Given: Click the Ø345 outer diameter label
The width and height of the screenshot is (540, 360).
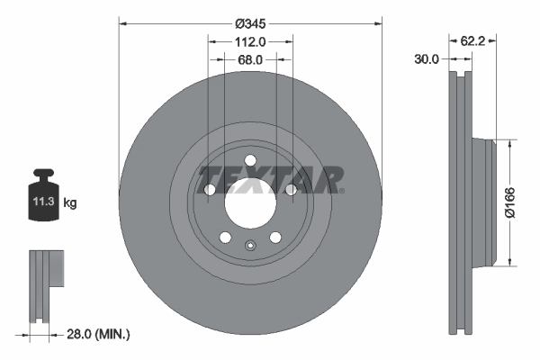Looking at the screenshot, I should point(251,24).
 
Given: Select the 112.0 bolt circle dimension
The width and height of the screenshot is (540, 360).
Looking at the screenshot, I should point(251,41).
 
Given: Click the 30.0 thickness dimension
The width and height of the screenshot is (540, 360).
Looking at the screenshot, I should point(426,59).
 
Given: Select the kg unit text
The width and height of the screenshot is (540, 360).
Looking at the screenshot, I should point(70,203).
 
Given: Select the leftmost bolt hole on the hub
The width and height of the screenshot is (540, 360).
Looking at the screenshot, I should point(210,190).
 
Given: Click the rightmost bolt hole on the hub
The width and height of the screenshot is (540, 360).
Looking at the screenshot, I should point(291,190).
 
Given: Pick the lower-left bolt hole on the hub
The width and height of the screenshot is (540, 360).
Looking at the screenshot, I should point(225,238).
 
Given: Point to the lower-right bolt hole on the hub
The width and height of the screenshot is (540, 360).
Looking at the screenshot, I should point(275,238).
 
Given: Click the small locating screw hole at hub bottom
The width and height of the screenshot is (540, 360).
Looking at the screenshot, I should point(250,245).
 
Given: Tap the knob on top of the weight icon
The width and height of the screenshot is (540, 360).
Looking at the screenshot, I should point(44,174).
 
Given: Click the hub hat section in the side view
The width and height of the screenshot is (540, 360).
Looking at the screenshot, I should point(486,203).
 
